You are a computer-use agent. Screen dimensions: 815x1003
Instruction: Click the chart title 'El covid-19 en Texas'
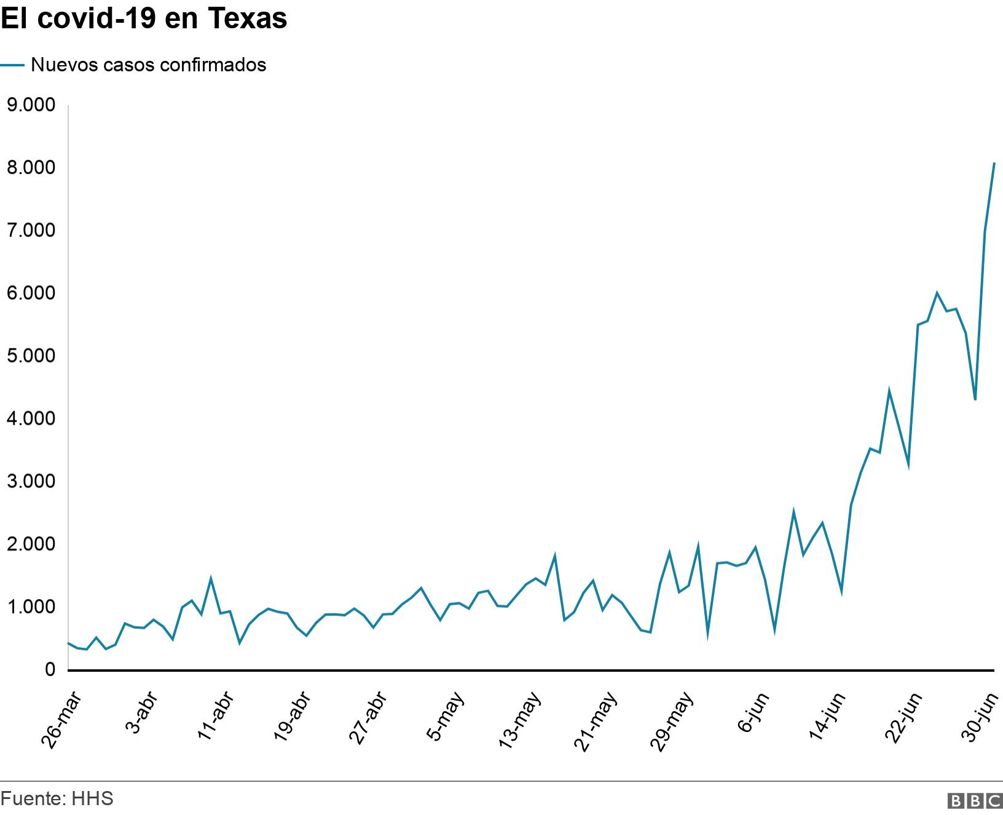pos(144,19)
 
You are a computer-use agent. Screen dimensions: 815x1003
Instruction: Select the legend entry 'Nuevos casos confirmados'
pos(148,65)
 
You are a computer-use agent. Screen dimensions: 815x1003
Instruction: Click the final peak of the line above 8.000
pos(994,163)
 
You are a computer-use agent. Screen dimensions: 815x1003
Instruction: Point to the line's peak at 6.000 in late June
pos(937,293)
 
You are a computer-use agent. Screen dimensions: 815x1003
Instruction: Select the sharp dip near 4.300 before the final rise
pos(975,400)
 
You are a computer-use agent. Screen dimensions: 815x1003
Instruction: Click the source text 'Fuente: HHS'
pos(57,798)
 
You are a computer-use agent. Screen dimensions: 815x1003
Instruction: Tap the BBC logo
pos(975,800)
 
